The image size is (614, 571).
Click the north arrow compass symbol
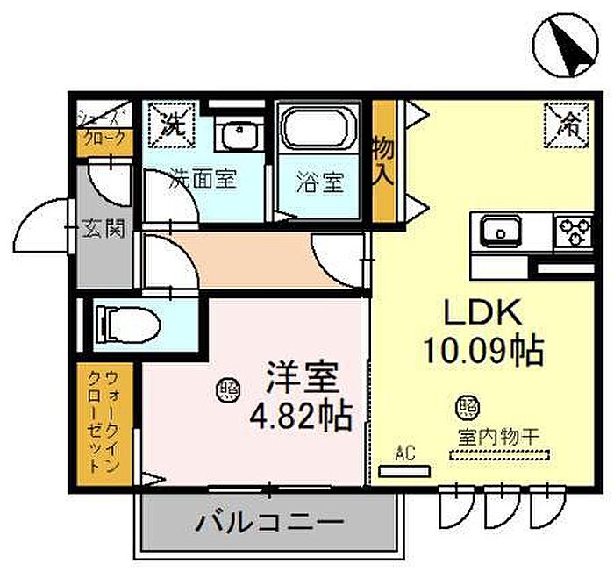coord(566,45)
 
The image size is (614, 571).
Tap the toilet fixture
coord(128,325)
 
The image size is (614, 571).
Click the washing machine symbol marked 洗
coord(172,125)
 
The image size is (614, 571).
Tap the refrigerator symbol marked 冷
coord(567,125)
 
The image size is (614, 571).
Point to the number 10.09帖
coord(484,350)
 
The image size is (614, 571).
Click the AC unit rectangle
coord(404,471)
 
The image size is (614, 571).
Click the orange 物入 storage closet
coord(383,161)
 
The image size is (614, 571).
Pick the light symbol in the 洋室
coord(228,390)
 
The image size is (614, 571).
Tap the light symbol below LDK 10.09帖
coord(468,407)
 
